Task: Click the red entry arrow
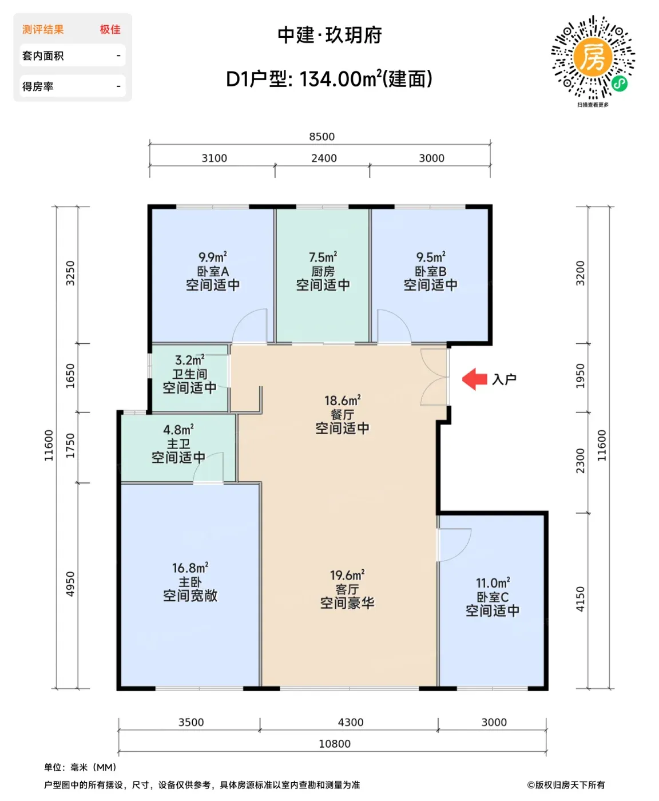click(474, 379)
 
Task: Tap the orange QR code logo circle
click(593, 58)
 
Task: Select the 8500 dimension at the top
click(321, 137)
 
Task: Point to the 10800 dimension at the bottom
click(334, 744)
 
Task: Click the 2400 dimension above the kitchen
click(324, 158)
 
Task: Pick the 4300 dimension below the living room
click(351, 722)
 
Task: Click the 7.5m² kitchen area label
click(323, 257)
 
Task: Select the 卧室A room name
click(213, 272)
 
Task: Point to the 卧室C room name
click(493, 597)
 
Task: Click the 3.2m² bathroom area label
click(190, 360)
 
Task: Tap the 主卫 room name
click(178, 444)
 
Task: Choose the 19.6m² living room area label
click(347, 575)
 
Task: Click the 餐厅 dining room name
click(342, 414)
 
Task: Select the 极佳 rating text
click(110, 30)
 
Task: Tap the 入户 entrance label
click(504, 379)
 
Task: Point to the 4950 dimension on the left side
click(70, 584)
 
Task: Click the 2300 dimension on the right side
click(580, 461)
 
